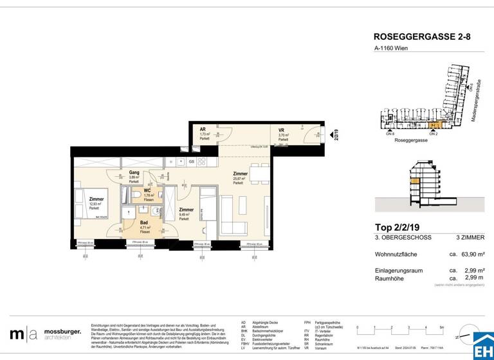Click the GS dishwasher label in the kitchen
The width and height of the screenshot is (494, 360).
coord(191,161)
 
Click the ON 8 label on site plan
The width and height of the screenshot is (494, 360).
coord(390,134)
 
